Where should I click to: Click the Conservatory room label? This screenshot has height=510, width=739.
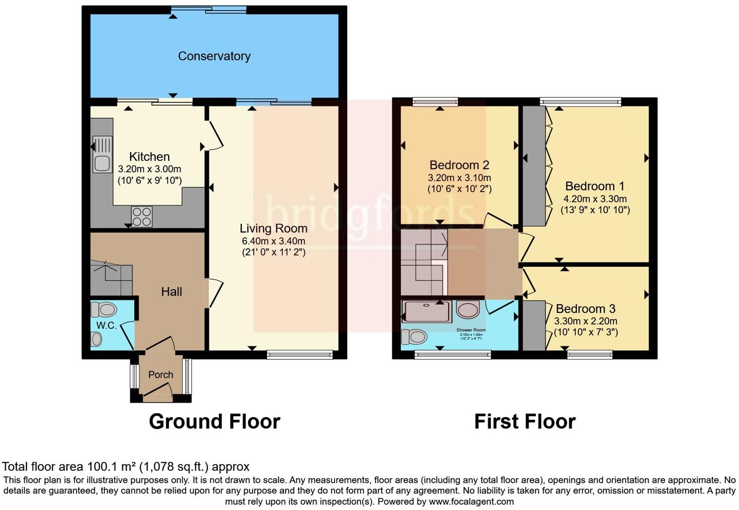pos(214,56)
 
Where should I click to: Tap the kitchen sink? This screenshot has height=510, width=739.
pos(102,154)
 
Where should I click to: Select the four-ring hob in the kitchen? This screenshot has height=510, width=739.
pos(141,217)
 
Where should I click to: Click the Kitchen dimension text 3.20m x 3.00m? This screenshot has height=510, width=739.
pos(149,169)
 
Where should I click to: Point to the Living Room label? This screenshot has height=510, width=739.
pos(273,228)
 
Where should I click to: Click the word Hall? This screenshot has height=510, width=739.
pos(172,291)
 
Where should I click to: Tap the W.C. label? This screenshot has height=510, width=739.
pos(106,326)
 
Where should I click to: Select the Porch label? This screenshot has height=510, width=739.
pos(160,375)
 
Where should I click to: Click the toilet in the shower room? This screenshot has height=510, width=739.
pos(414,336)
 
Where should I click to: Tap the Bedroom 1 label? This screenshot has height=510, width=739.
pos(595,186)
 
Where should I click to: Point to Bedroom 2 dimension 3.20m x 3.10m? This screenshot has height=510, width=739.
pos(459,178)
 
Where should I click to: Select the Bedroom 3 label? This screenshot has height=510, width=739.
pos(585,309)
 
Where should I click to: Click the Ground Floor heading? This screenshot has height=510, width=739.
pos(214,421)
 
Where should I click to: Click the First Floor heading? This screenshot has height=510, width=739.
pos(525,421)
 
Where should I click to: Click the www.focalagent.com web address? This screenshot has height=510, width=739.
pos(470,501)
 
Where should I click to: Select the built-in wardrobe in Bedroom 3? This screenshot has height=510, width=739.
pos(533,326)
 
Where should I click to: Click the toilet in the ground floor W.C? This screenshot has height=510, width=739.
pos(104,310)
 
